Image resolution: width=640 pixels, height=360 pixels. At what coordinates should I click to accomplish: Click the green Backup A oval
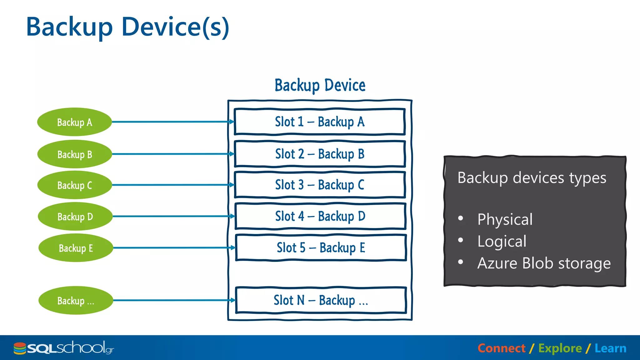pyautogui.click(x=74, y=122)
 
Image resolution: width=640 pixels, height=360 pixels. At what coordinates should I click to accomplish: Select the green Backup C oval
pyautogui.click(x=74, y=185)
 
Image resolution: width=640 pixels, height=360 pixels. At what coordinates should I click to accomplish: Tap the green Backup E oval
pyautogui.click(x=76, y=248)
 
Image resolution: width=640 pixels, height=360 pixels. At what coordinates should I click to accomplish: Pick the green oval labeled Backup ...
pyautogui.click(x=76, y=300)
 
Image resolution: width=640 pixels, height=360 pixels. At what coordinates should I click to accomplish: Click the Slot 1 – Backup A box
pyautogui.click(x=319, y=122)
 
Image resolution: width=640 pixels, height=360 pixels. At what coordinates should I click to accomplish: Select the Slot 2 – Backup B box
pyautogui.click(x=320, y=154)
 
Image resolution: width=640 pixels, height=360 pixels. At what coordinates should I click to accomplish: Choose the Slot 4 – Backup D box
pyautogui.click(x=320, y=216)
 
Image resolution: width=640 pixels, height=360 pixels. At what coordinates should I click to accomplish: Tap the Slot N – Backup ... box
pyautogui.click(x=321, y=300)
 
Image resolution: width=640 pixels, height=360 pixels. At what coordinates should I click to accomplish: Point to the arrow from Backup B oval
pyautogui.click(x=172, y=154)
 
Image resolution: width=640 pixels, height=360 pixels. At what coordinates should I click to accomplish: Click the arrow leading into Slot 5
pyautogui.click(x=173, y=247)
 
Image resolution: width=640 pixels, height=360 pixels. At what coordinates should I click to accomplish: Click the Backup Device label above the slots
pyautogui.click(x=320, y=85)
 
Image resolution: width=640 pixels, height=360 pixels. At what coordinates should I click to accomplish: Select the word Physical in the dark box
pyautogui.click(x=505, y=219)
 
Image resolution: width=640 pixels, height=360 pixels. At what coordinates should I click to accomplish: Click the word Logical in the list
pyautogui.click(x=502, y=241)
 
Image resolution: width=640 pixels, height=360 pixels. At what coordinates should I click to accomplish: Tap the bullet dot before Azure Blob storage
pyautogui.click(x=460, y=262)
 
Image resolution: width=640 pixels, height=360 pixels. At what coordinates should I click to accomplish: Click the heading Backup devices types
pyautogui.click(x=532, y=178)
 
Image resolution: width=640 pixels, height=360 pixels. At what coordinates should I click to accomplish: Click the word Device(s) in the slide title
pyautogui.click(x=175, y=27)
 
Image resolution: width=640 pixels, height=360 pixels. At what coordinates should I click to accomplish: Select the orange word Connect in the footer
pyautogui.click(x=501, y=348)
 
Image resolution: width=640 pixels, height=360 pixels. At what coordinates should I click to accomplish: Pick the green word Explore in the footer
pyautogui.click(x=560, y=348)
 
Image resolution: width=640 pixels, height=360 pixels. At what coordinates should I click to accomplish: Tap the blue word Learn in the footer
pyautogui.click(x=610, y=348)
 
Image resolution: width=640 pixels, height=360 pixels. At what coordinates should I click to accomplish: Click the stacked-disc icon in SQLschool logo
pyautogui.click(x=20, y=348)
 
